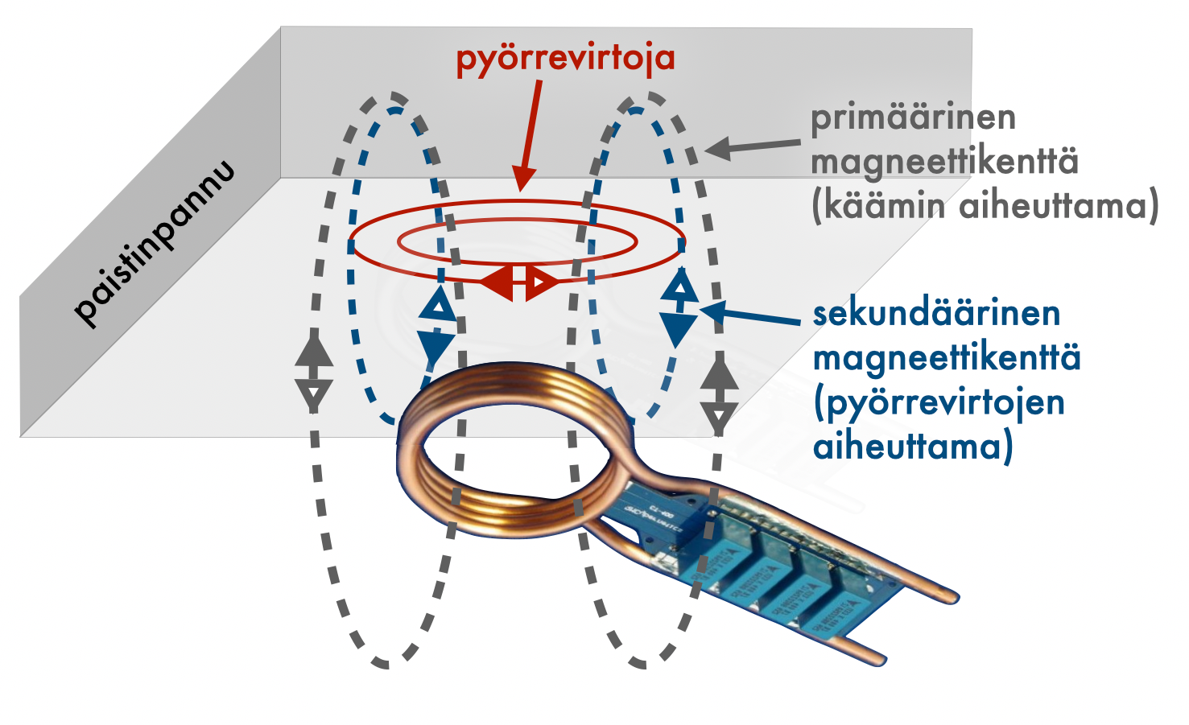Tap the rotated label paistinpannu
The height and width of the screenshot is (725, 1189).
pyautogui.click(x=155, y=243)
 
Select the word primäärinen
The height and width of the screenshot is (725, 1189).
pyautogui.click(x=913, y=117)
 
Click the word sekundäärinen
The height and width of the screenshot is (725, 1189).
pyautogui.click(x=936, y=313)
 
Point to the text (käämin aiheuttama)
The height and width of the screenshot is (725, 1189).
pyautogui.click(x=985, y=206)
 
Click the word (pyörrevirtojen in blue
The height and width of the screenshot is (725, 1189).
pyautogui.click(x=939, y=402)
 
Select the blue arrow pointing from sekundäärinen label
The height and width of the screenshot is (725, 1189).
pyautogui.click(x=749, y=315)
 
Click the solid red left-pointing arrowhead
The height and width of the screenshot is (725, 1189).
pyautogui.click(x=498, y=282)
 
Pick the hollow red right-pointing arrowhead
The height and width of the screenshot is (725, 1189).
pyautogui.click(x=542, y=282)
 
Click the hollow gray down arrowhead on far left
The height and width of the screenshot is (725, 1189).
pyautogui.click(x=314, y=394)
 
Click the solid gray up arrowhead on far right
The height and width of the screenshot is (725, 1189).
pyautogui.click(x=719, y=374)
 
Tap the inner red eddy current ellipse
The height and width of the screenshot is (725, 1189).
pyautogui.click(x=518, y=241)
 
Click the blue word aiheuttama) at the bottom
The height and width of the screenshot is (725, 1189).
pyautogui.click(x=912, y=447)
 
